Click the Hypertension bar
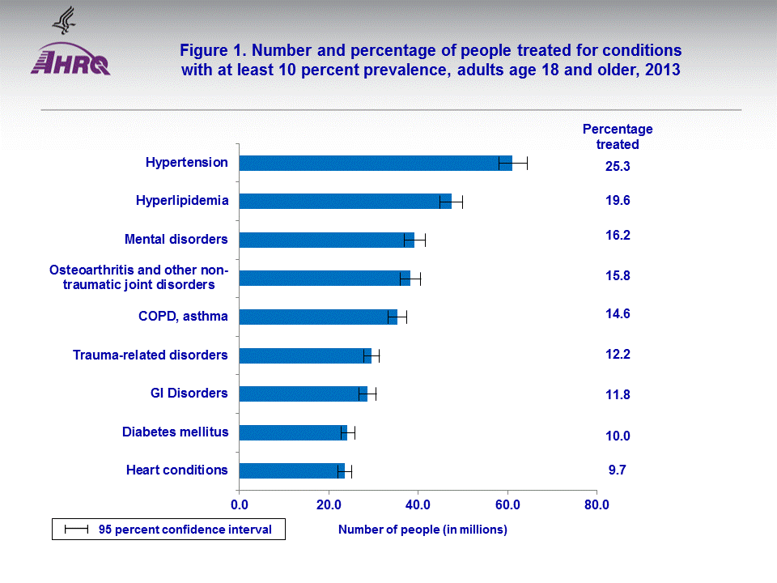coord(372,163)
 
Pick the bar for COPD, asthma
coord(316,317)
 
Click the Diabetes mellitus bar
coord(291,432)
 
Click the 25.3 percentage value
coord(618,167)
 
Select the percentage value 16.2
coord(618,236)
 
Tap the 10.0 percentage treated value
coord(618,436)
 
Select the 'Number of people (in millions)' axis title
coord(422,530)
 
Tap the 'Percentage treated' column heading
coord(618,137)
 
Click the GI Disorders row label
coord(189,393)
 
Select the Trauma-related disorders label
coord(150,355)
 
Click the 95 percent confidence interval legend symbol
coord(77,530)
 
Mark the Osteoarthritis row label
coord(138,277)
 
